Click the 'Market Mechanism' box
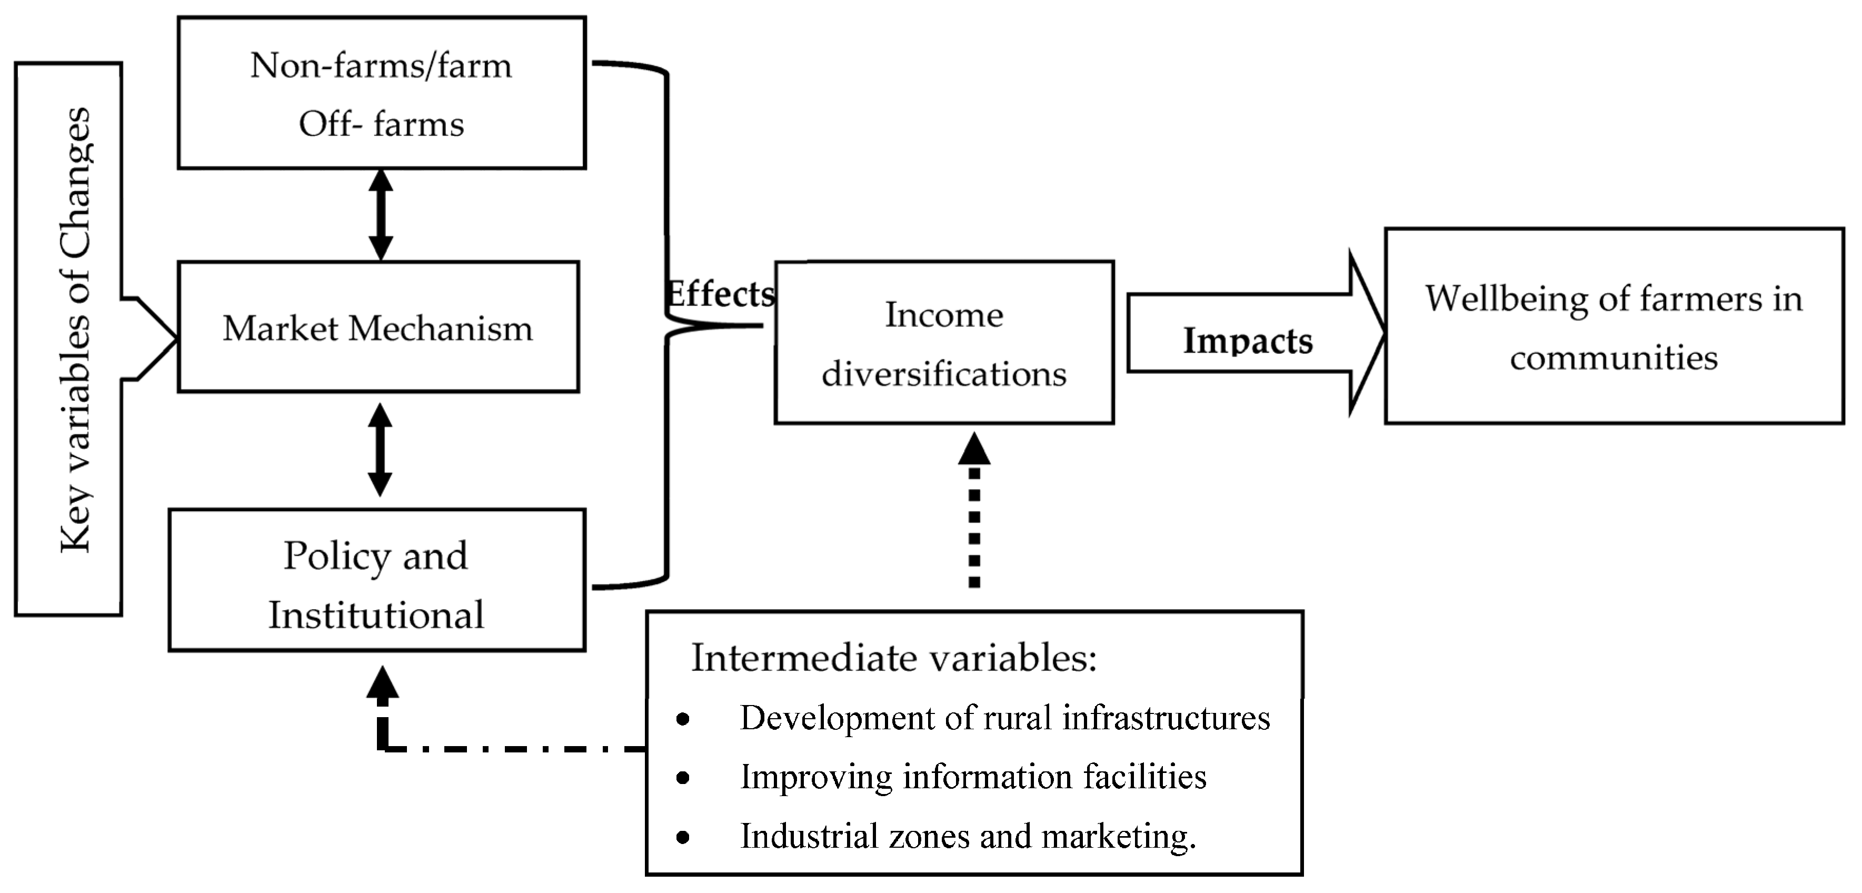click(378, 327)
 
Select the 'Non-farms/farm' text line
click(381, 66)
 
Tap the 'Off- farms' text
click(381, 124)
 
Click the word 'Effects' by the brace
click(719, 294)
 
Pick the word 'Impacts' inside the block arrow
click(1248, 341)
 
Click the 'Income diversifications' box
click(944, 343)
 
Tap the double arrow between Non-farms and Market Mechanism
click(381, 215)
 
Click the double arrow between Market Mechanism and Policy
click(380, 450)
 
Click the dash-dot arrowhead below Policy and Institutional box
click(382, 684)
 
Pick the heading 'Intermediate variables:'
click(894, 658)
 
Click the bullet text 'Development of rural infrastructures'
click(1005, 718)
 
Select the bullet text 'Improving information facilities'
click(973, 777)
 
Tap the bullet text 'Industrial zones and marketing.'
click(969, 837)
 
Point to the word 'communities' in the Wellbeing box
click(1614, 358)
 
